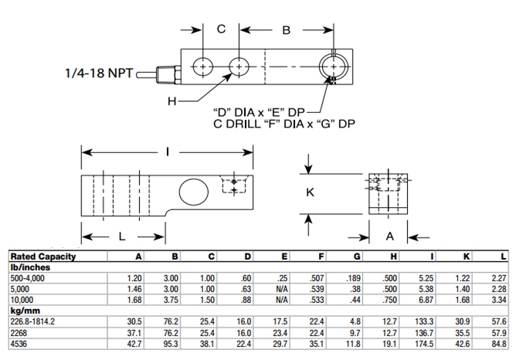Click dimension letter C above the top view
(221, 29)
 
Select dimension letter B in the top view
(285, 30)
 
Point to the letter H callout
(172, 101)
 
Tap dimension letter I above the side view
(168, 151)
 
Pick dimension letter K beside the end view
(311, 193)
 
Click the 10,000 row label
(24, 299)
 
